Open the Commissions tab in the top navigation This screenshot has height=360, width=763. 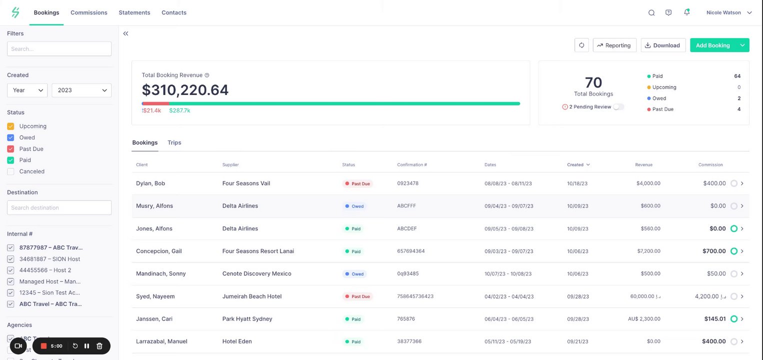[x=89, y=12]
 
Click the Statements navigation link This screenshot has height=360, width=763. [x=134, y=12]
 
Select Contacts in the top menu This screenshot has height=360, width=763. [x=174, y=12]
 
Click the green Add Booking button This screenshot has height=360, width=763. [x=713, y=45]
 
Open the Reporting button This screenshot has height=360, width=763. [x=614, y=45]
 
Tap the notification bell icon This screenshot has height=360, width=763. [x=686, y=12]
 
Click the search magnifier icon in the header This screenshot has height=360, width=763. [x=651, y=13]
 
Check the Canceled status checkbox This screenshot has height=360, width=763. [x=10, y=171]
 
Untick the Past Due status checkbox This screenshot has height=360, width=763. [x=10, y=149]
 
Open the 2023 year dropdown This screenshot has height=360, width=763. [x=81, y=90]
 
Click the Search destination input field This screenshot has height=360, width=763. [x=59, y=208]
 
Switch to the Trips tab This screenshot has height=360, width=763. [x=174, y=143]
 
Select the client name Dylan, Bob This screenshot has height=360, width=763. [x=150, y=183]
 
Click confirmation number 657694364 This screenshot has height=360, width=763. [x=411, y=251]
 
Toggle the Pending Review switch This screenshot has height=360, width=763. [x=618, y=107]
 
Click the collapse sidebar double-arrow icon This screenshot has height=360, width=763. [x=125, y=33]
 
